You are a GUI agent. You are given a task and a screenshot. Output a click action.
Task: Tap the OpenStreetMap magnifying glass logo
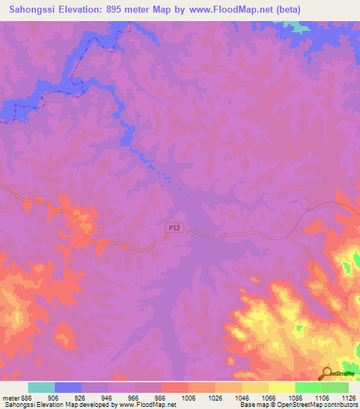[326, 373]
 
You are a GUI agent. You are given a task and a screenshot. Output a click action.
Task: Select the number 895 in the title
[126, 9]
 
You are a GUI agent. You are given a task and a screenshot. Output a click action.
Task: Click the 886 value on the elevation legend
[27, 398]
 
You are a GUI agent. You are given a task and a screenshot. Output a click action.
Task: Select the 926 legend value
[79, 398]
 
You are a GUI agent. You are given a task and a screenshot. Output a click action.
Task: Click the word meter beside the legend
[11, 398]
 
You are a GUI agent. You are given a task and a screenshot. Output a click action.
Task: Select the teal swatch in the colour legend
[41, 387]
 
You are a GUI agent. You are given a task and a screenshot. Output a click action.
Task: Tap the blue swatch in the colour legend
[68, 387]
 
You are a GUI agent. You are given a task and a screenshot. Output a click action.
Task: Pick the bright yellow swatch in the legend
[281, 387]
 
